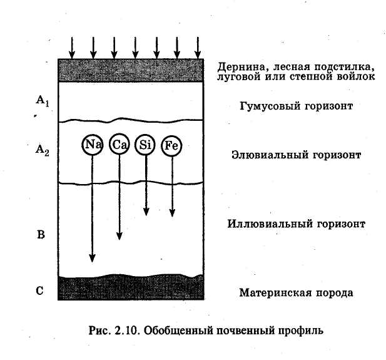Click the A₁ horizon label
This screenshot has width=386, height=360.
pos(43,101)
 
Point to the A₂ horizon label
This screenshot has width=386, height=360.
pos(43,150)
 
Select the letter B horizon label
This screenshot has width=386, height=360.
pos(41,235)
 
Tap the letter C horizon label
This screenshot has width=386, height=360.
pos(40,291)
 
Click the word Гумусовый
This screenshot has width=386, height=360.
pos(270,106)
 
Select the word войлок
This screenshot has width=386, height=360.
pos(356,76)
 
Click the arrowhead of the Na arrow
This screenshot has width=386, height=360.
pos(92,258)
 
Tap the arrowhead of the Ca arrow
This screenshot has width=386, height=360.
pos(119,236)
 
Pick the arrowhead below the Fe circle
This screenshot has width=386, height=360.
pos(172,213)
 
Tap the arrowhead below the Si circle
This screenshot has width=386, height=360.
pos(146,212)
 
